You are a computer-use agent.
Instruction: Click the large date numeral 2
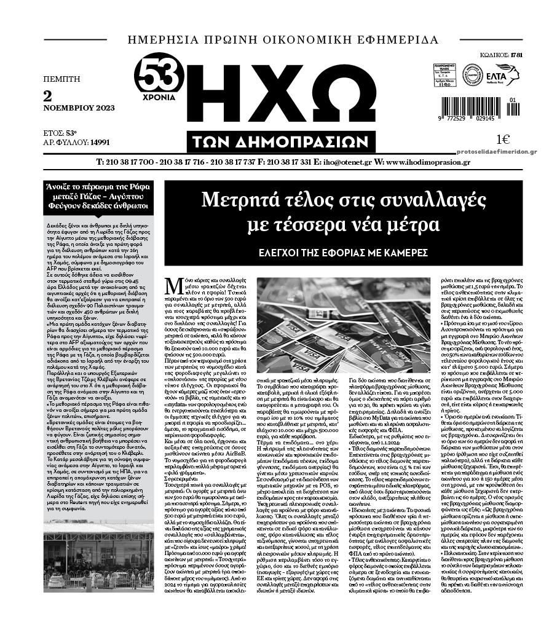coord(48,96)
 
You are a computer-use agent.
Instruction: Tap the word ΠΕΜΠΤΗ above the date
coord(61,79)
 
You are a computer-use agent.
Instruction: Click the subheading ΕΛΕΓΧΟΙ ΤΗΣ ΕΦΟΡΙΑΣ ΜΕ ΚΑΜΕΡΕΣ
coord(344,253)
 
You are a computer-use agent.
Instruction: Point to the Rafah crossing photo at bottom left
coord(99,556)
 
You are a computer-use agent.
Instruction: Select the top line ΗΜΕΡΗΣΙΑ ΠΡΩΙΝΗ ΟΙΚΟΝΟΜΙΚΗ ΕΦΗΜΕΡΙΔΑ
coord(283,40)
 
